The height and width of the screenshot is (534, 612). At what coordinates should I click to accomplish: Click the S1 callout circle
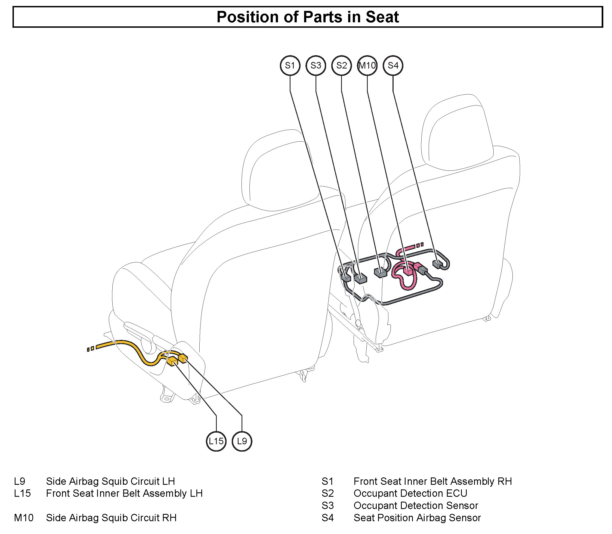pyautogui.click(x=290, y=66)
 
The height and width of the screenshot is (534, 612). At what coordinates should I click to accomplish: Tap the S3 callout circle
pyautogui.click(x=316, y=66)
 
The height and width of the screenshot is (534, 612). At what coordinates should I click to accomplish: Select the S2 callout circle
pyautogui.click(x=341, y=66)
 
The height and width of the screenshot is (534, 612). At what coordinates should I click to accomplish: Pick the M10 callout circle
pyautogui.click(x=367, y=66)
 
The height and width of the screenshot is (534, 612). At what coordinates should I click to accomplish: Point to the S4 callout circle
pyautogui.click(x=393, y=66)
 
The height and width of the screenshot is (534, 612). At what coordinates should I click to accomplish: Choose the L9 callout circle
pyautogui.click(x=242, y=441)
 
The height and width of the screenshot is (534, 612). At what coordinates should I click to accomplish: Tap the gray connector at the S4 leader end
pyautogui.click(x=437, y=264)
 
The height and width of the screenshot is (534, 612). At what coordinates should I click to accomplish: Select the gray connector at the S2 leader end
pyautogui.click(x=380, y=272)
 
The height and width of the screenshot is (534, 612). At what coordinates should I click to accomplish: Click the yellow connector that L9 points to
pyautogui.click(x=183, y=358)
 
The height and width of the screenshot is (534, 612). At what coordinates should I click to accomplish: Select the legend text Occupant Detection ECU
pyautogui.click(x=410, y=493)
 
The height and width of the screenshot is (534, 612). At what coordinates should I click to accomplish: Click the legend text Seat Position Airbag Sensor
pyautogui.click(x=417, y=518)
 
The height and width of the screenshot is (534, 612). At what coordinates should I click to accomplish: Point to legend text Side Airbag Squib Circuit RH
pyautogui.click(x=111, y=518)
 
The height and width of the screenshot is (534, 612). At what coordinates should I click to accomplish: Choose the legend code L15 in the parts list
pyautogui.click(x=22, y=493)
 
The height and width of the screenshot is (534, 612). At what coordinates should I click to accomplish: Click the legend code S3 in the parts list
pyautogui.click(x=327, y=506)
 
